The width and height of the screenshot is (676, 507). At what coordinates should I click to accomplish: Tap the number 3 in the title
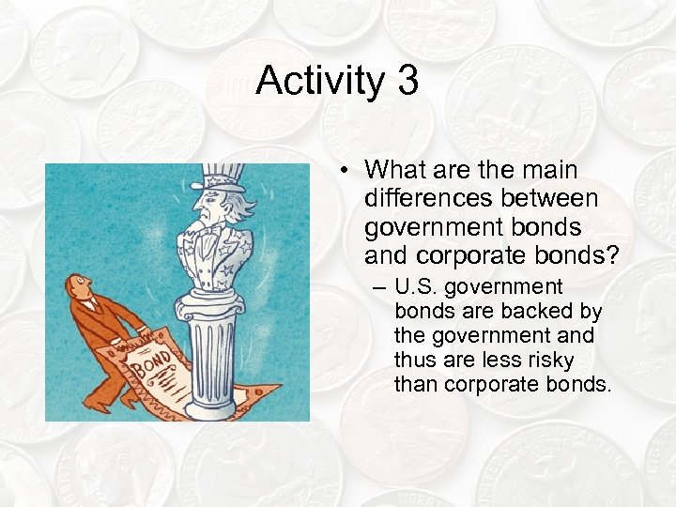[x=407, y=81]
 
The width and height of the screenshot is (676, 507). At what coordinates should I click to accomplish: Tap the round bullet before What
[x=346, y=171]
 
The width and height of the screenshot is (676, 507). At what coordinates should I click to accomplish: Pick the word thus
[x=414, y=360]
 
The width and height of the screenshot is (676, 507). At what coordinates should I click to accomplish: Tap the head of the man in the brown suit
[x=78, y=285]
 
